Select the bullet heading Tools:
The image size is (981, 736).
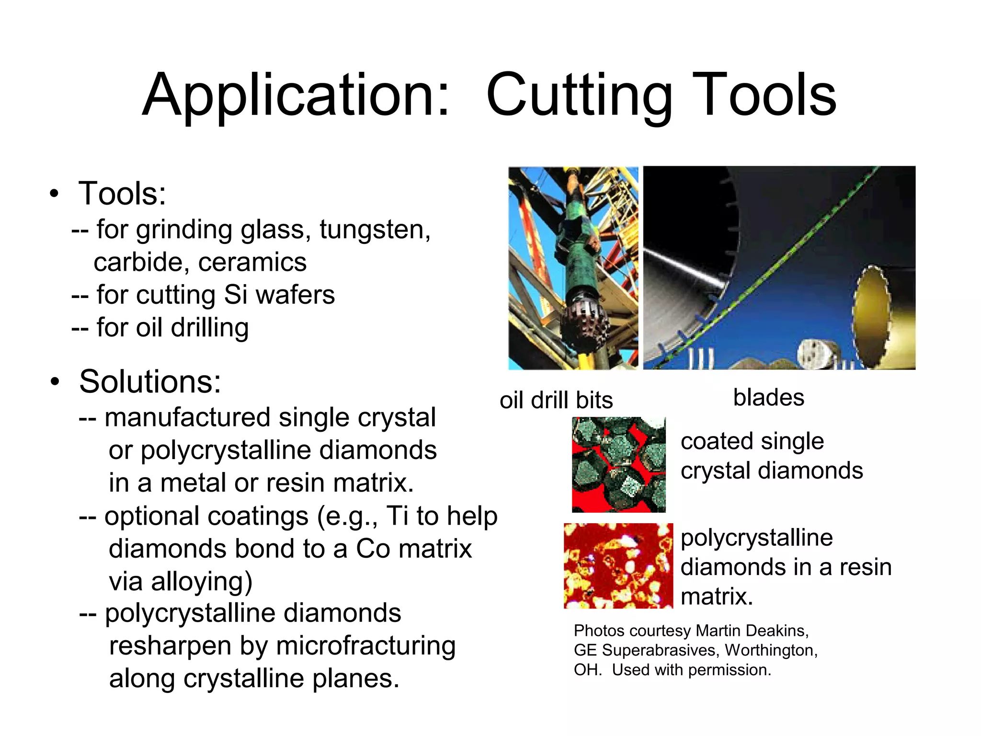point(122,194)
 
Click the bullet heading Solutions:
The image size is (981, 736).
point(150,382)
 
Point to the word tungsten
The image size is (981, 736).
point(375,230)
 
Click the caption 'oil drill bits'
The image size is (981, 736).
point(556,400)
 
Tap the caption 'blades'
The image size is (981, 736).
point(768,397)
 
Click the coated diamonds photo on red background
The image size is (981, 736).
point(618,464)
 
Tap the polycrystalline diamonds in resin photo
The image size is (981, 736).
point(618,566)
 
